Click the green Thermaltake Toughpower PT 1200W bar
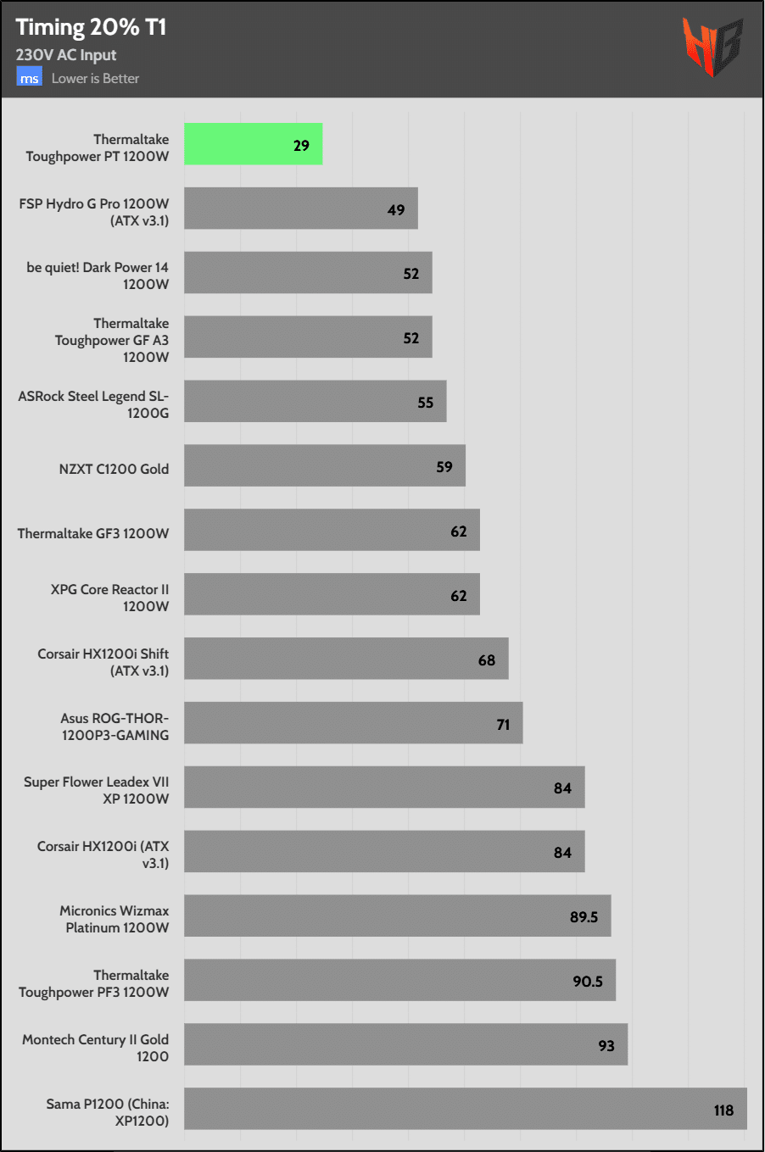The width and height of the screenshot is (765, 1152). click(253, 144)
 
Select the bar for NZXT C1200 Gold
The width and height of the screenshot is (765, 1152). click(324, 465)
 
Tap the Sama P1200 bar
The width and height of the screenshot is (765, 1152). click(465, 1109)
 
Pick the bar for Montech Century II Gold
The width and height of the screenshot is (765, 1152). click(405, 1044)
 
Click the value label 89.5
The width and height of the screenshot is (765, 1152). click(584, 917)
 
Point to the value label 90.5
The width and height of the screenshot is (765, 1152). click(588, 982)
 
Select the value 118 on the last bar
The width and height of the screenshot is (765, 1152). click(723, 1110)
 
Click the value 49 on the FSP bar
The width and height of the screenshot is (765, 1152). click(396, 210)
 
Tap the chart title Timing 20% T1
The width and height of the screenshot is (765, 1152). click(91, 27)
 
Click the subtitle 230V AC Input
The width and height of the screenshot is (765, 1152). click(66, 55)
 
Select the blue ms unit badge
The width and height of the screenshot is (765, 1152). click(30, 78)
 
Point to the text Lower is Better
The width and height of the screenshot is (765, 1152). click(95, 79)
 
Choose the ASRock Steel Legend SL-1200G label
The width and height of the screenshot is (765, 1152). click(93, 404)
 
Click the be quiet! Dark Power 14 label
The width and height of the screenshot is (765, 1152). click(98, 275)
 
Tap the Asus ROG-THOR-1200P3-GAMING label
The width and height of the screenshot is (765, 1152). click(114, 726)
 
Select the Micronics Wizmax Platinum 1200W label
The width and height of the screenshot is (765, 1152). click(114, 919)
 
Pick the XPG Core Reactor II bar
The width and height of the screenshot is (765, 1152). click(332, 594)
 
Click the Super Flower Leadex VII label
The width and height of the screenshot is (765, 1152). click(97, 790)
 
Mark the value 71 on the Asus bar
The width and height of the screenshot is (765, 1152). click(503, 725)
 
